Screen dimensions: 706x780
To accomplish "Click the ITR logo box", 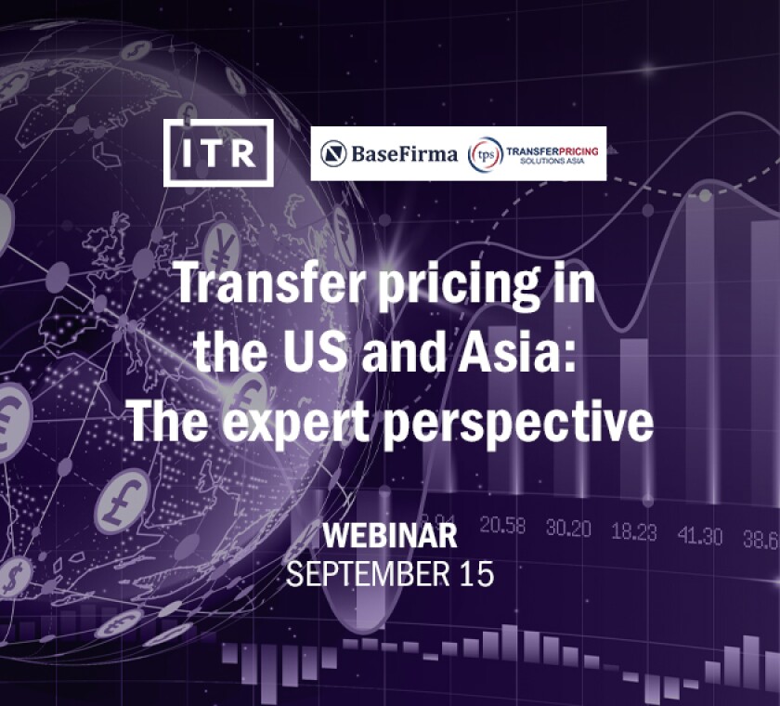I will tap(218, 153).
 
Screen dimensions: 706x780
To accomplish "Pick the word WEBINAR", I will tap(389, 536).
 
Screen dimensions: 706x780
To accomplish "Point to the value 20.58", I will tap(502, 527).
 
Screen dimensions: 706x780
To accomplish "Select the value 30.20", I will tap(567, 528).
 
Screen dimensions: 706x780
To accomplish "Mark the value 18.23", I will tap(634, 531).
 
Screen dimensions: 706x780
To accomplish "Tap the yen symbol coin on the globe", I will tap(221, 249).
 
